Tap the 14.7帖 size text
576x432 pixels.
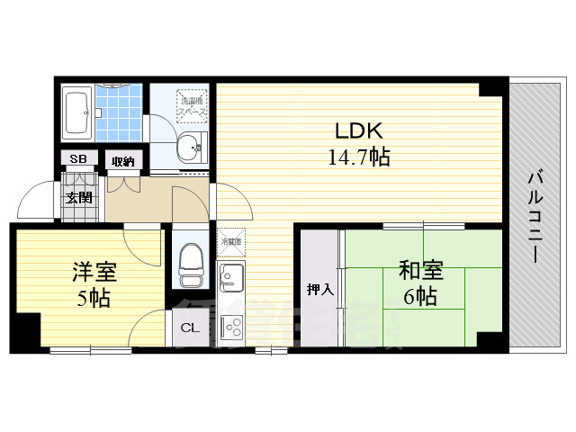click(358, 157)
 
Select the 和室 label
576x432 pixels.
click(420, 270)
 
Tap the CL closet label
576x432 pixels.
click(191, 328)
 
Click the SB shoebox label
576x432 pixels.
click(78, 159)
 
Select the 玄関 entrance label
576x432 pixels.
click(77, 197)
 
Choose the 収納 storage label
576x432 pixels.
click(122, 161)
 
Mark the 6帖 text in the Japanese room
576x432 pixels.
click(420, 297)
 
